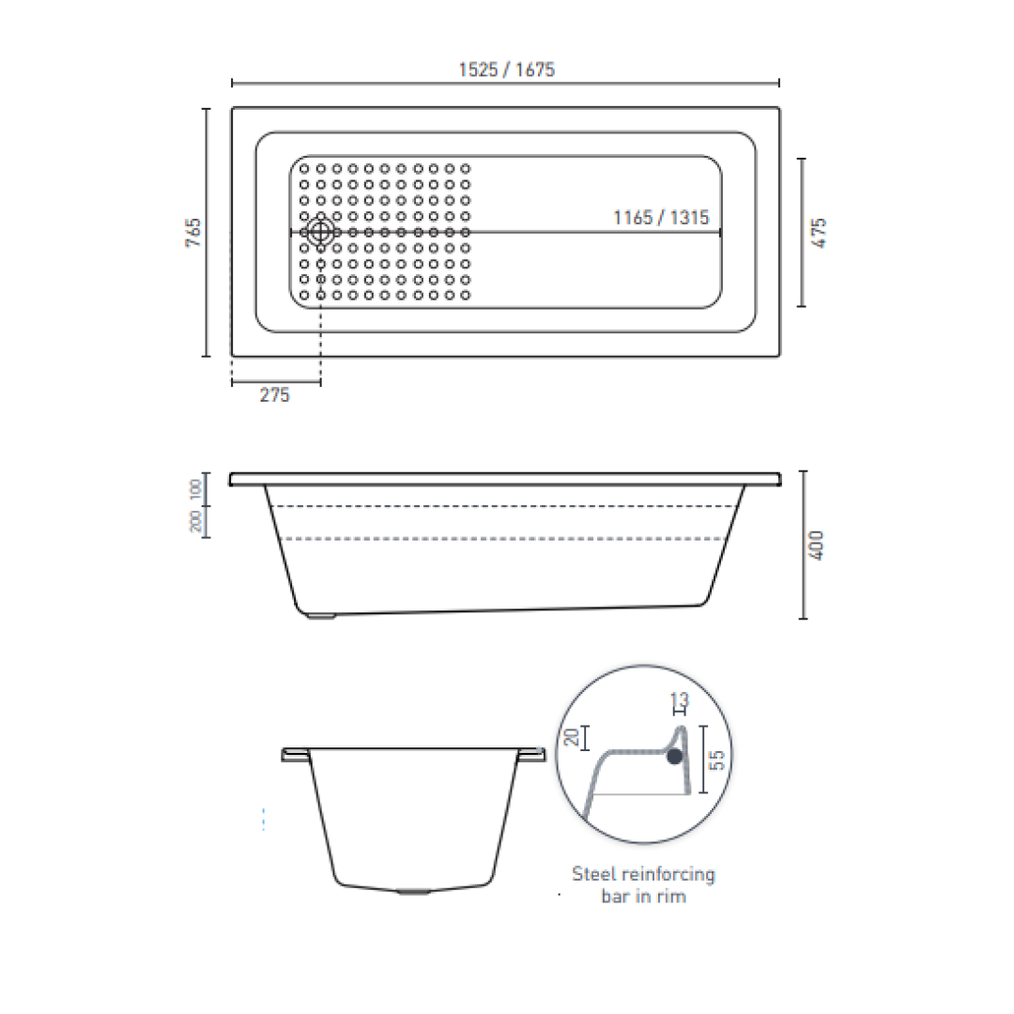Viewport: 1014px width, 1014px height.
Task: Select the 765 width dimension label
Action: click(193, 232)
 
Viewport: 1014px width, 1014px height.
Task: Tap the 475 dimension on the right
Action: click(820, 232)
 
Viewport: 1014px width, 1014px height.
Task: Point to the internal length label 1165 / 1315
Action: click(661, 218)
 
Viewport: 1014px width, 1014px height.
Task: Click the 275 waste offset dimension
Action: click(274, 395)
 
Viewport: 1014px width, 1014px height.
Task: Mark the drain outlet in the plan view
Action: click(321, 230)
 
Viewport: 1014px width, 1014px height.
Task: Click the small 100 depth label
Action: click(195, 488)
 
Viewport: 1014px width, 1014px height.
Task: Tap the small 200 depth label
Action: click(195, 521)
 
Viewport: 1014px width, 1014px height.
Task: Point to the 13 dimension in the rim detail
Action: click(680, 699)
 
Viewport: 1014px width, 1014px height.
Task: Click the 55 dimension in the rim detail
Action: click(717, 760)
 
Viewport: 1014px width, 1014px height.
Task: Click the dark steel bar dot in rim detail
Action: click(674, 757)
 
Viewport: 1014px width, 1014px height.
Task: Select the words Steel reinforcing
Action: click(643, 874)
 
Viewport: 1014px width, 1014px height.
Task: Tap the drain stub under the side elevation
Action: click(322, 618)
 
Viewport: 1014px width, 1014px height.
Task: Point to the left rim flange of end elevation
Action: click(295, 755)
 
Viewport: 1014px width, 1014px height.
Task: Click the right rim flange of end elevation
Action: click(533, 755)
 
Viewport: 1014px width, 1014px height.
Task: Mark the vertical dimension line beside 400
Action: click(803, 545)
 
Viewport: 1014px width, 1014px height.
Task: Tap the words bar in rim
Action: click(643, 897)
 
